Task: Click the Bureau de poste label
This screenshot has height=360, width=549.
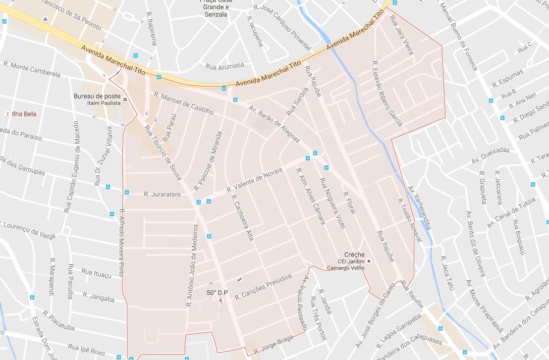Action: coord(97,96)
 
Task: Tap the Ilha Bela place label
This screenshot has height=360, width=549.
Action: coord(23,114)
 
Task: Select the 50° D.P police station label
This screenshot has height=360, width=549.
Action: coord(217,293)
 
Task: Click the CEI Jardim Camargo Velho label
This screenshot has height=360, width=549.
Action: coord(345,264)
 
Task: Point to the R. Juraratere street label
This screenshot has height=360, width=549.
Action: coord(162,195)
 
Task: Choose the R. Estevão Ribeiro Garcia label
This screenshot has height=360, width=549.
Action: coord(387,94)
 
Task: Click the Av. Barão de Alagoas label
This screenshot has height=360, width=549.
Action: coord(274,124)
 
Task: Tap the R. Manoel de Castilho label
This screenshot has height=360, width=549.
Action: coord(183,103)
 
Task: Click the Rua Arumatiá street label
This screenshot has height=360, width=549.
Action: coord(224,65)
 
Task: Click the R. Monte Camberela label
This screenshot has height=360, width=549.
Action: coord(32,69)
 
